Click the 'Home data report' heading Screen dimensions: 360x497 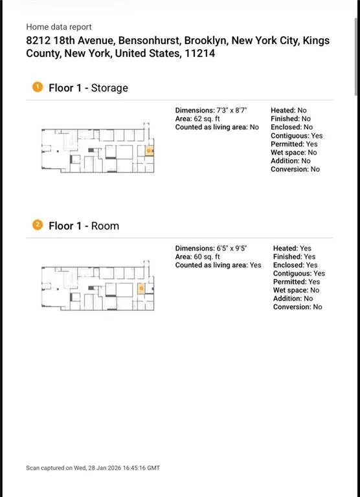click(x=59, y=27)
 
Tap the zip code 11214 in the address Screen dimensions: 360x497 click(x=200, y=53)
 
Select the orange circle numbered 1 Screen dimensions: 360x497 click(x=38, y=87)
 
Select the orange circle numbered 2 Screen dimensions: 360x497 click(x=38, y=225)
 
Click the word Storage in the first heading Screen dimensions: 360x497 click(x=109, y=88)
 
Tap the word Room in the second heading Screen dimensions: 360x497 click(x=105, y=226)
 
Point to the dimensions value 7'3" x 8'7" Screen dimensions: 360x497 click(x=232, y=110)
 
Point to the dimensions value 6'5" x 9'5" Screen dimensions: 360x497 click(x=232, y=248)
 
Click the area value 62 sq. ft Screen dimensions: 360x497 click(x=207, y=119)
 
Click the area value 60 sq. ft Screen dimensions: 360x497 click(x=207, y=257)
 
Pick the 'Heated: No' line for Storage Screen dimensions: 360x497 click(x=289, y=110)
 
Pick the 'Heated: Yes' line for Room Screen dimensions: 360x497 click(x=292, y=248)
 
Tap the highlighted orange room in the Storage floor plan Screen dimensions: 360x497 click(x=149, y=151)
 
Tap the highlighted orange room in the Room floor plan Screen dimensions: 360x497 click(x=141, y=289)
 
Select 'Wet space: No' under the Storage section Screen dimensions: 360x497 click(x=294, y=153)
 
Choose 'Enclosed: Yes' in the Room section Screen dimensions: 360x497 click(x=295, y=265)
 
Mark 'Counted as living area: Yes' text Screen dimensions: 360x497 click(x=218, y=265)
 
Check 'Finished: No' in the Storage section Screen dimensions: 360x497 click(x=291, y=119)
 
